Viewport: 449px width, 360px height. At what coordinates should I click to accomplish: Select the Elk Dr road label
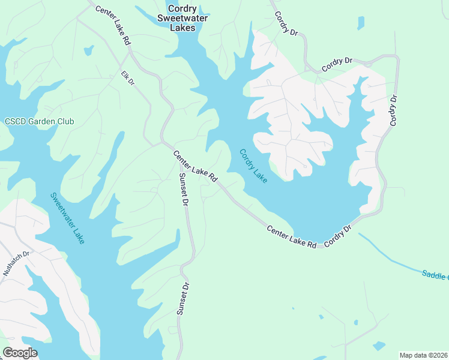(127, 79)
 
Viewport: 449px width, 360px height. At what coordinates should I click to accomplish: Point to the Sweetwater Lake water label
(67, 218)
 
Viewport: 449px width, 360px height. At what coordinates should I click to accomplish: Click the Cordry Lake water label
(253, 166)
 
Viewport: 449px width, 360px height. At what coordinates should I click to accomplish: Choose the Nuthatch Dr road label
(16, 263)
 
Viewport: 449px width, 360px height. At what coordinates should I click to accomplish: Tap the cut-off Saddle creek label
(435, 275)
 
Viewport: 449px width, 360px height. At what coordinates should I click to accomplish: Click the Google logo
(20, 352)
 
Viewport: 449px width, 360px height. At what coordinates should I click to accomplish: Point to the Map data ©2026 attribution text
(424, 355)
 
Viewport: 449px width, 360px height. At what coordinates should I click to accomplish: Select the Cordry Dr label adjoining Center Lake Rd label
(337, 236)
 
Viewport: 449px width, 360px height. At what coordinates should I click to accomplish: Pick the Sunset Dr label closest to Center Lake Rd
(184, 190)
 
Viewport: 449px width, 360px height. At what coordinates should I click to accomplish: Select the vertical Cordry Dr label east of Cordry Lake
(394, 110)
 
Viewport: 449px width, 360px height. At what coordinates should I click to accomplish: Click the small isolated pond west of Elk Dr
(89, 50)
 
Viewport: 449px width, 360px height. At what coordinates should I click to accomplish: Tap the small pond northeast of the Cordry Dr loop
(360, 23)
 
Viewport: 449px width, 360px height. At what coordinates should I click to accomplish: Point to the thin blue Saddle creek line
(390, 254)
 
